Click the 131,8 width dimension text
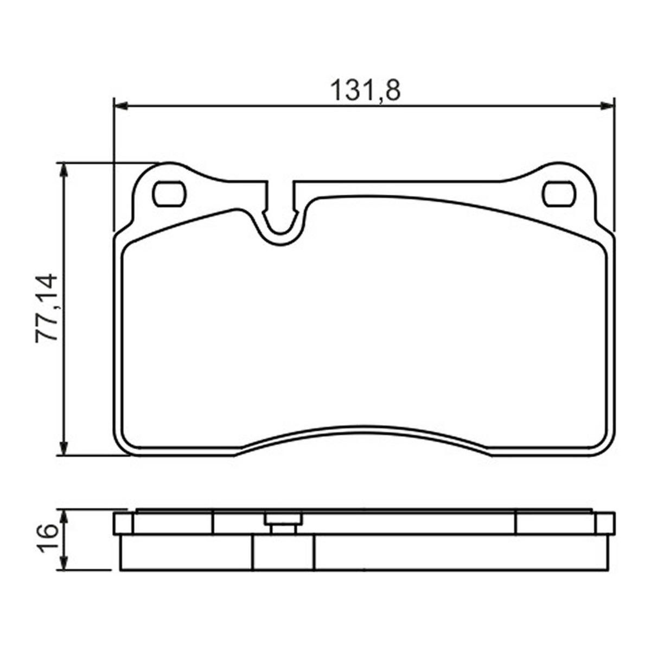[365, 91]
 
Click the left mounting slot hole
[169, 194]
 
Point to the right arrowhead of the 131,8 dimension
[607, 106]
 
